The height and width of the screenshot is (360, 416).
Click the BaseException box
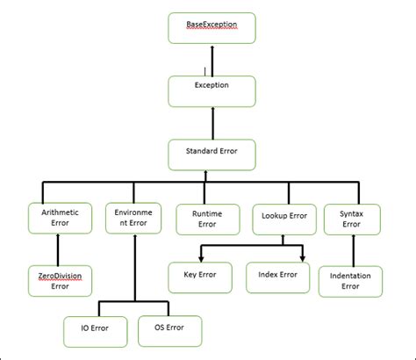click(x=211, y=27)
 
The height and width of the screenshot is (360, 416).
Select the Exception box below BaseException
click(x=211, y=90)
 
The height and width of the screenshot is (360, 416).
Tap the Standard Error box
click(x=211, y=154)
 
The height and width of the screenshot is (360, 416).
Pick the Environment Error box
click(x=133, y=218)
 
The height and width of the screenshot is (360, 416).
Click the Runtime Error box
click(x=206, y=218)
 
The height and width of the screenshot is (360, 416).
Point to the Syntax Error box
click(x=350, y=218)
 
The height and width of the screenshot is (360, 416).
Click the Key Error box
click(x=201, y=277)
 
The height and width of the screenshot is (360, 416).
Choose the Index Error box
click(x=277, y=277)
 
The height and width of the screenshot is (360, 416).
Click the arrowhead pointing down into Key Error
click(x=201, y=257)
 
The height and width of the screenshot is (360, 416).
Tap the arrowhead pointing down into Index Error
click(x=303, y=257)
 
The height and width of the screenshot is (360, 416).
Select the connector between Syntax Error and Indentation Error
click(x=350, y=249)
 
